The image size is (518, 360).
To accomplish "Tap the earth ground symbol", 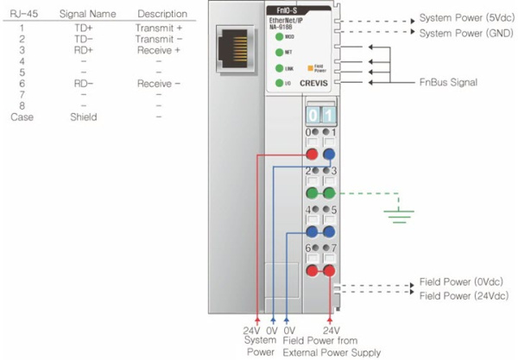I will [x=398, y=210].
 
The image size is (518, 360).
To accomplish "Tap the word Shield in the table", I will [x=83, y=117].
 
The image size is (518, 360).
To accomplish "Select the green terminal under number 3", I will [x=329, y=193].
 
